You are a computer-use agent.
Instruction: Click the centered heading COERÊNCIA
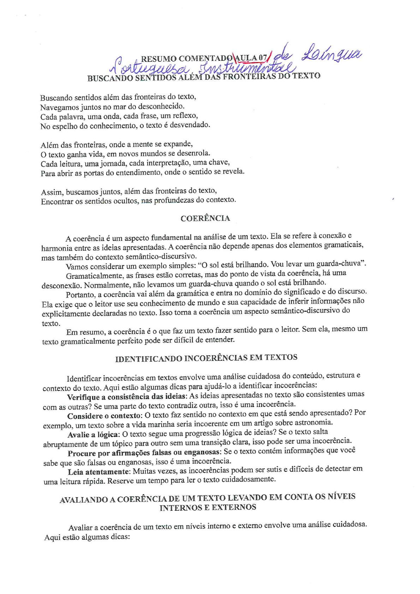click(205, 218)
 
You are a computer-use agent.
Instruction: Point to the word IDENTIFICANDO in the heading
click(148, 359)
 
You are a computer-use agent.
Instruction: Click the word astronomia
click(314, 422)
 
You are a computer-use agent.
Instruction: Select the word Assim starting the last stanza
click(52, 192)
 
